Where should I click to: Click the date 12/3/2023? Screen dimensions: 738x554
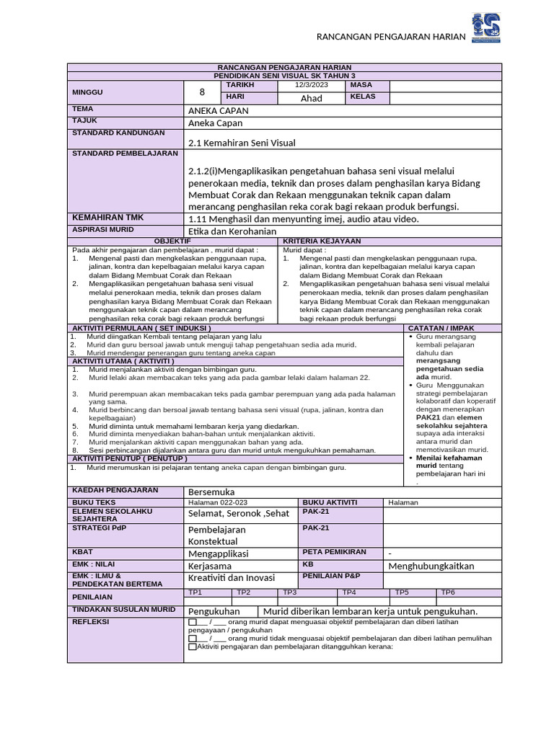[x=311, y=86]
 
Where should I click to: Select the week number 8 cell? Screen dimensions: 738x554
[x=202, y=92]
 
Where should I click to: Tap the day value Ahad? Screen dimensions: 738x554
[x=311, y=98]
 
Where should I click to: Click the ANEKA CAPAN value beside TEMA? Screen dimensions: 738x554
[x=218, y=111]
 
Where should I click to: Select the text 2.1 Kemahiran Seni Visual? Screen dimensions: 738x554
[x=242, y=143]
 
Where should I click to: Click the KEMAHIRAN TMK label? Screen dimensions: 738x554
[x=108, y=218]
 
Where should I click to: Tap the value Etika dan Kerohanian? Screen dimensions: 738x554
[x=232, y=231]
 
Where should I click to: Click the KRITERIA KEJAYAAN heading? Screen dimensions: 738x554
[x=322, y=241]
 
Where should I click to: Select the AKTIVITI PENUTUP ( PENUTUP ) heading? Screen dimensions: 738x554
[x=130, y=458]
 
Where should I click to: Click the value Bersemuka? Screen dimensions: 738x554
[x=211, y=492]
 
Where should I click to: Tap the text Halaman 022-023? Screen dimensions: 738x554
[x=217, y=502]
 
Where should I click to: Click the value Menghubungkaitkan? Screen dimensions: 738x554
[x=431, y=566]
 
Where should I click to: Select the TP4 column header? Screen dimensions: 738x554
[x=349, y=592]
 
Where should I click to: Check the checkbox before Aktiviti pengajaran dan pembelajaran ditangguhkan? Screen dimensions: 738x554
[x=192, y=646]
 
